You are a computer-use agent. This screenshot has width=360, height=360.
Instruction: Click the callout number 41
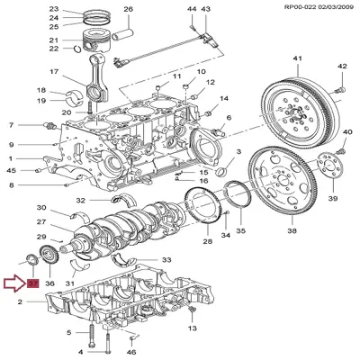(296, 59)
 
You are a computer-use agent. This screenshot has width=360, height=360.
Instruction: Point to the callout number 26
(127, 9)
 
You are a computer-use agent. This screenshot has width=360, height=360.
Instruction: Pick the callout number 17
(54, 72)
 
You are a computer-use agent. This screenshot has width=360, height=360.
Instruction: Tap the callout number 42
(342, 67)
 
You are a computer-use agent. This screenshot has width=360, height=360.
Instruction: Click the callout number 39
(333, 197)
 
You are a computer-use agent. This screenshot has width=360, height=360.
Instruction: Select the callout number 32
(80, 200)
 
